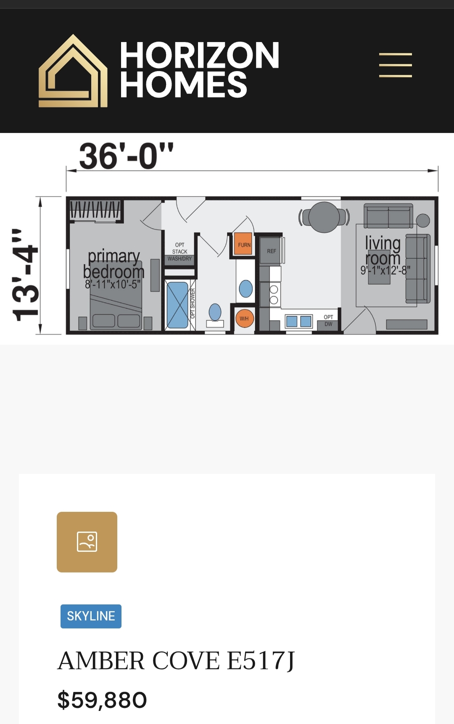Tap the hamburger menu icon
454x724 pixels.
tap(395, 65)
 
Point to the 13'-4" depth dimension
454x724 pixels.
tap(25, 274)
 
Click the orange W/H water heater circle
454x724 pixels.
tap(244, 318)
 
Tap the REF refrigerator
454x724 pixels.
tap(271, 251)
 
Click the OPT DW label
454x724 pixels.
tap(328, 320)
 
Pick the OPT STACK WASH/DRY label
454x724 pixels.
tap(179, 252)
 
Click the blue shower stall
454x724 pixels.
tap(177, 305)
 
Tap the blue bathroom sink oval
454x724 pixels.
tap(245, 289)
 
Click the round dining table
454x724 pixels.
tap(324, 217)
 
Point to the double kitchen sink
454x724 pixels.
tap(298, 321)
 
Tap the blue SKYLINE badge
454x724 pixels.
tap(91, 616)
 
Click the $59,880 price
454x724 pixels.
tap(102, 700)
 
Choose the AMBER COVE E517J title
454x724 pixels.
tap(176, 660)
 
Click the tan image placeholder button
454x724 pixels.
tap(87, 542)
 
